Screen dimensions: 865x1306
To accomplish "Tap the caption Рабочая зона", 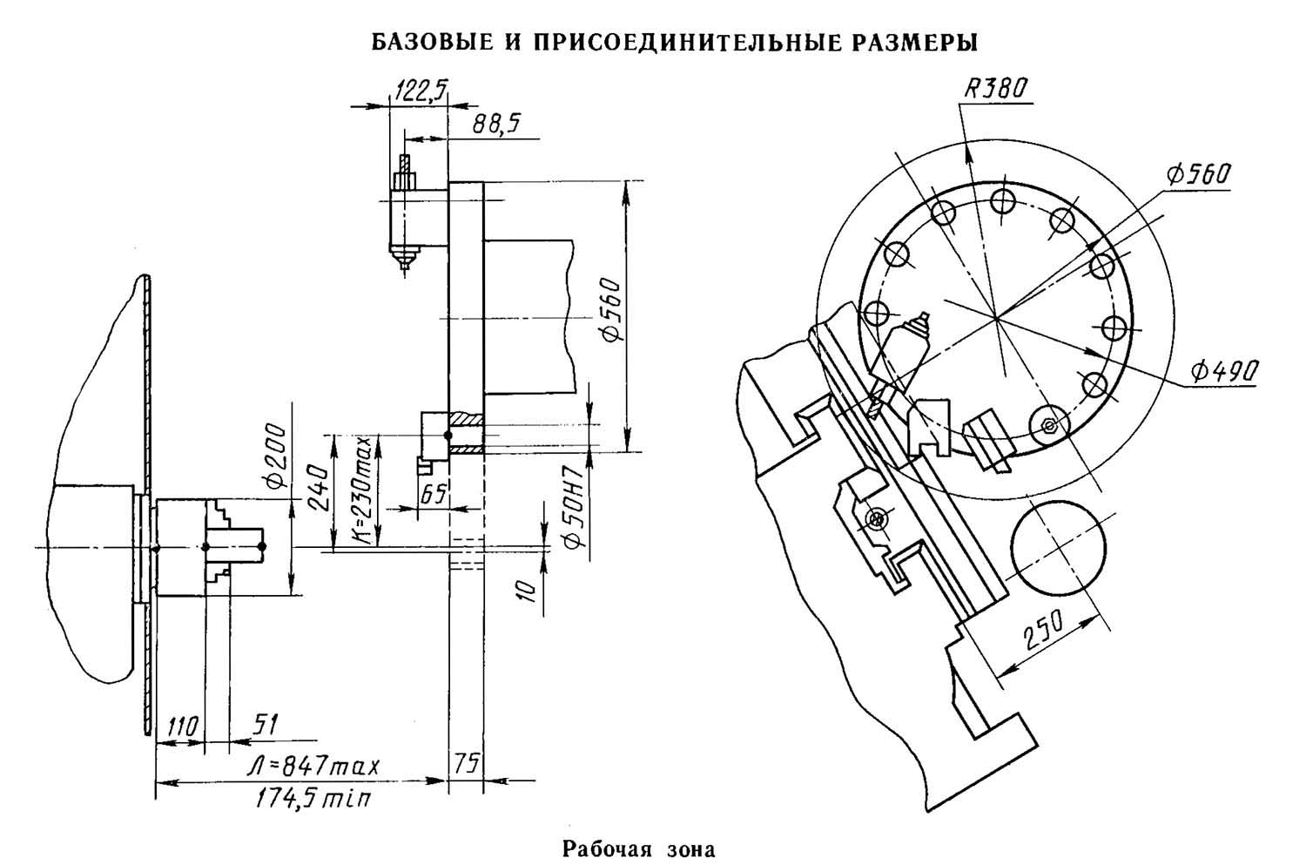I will [639, 848].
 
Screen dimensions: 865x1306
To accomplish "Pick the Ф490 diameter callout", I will [1225, 371].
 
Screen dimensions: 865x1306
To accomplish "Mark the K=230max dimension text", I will [364, 492].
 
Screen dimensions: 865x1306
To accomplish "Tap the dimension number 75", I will [466, 765].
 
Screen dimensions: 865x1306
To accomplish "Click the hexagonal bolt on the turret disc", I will [1050, 424].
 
